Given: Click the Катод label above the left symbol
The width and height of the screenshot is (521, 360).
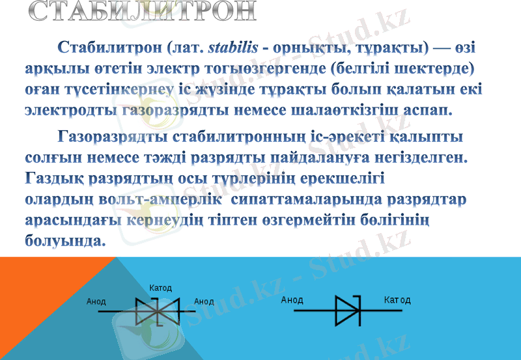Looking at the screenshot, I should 160,288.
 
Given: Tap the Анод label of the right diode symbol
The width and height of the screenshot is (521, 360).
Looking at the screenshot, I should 292,300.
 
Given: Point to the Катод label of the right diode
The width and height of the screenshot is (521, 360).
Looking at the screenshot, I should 397,300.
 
